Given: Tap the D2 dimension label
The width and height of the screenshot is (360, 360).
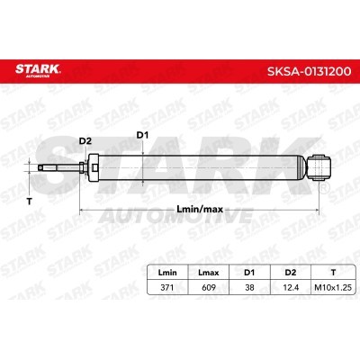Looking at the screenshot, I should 85,140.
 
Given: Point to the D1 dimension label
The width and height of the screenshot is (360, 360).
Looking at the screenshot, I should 140,135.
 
